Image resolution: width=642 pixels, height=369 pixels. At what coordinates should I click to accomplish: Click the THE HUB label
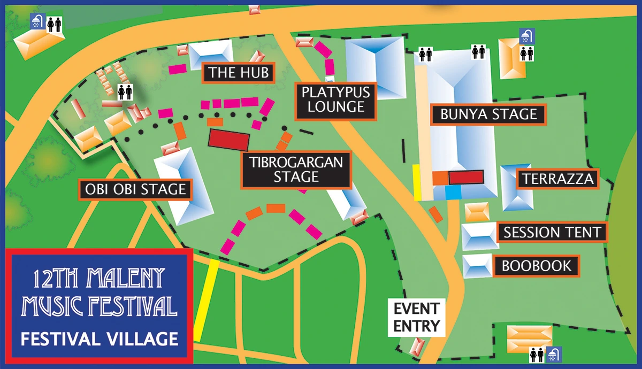coord(238,73)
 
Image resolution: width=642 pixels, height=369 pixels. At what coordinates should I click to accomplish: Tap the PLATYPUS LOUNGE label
coord(335,99)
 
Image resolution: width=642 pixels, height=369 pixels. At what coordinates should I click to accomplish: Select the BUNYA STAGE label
coord(488,114)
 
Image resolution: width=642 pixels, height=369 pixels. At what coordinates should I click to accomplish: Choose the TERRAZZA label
coord(558,179)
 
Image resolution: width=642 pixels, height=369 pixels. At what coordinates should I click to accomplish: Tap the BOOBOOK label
coord(537,266)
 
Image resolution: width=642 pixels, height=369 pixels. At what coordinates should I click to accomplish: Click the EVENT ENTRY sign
coord(416,317)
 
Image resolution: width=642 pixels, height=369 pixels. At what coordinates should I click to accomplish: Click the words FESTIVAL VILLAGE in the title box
coord(99,339)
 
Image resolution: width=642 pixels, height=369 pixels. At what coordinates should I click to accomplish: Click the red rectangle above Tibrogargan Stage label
coord(229,140)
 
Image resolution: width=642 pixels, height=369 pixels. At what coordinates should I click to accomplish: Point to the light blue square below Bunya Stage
coord(453,192)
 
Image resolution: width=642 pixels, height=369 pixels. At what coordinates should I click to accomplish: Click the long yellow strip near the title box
coord(205,299)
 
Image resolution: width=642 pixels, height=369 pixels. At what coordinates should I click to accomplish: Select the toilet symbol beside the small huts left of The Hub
coord(125,92)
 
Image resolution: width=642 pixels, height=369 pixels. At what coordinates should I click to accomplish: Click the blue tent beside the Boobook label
coord(477,266)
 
